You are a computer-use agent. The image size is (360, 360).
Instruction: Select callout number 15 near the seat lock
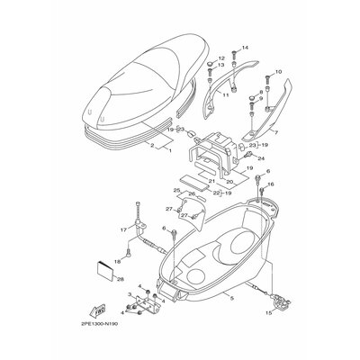tap(266, 314)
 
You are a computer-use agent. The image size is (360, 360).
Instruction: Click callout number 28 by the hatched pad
tap(120, 280)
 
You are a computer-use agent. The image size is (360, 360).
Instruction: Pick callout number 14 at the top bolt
tap(245, 47)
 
